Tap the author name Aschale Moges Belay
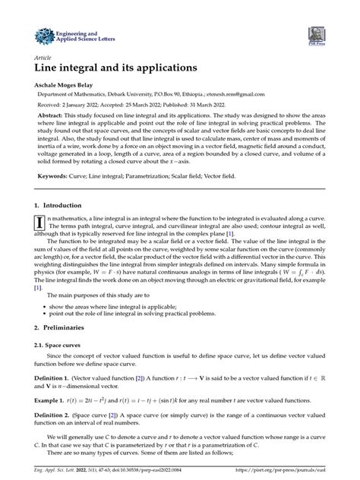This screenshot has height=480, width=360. click(75, 85)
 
